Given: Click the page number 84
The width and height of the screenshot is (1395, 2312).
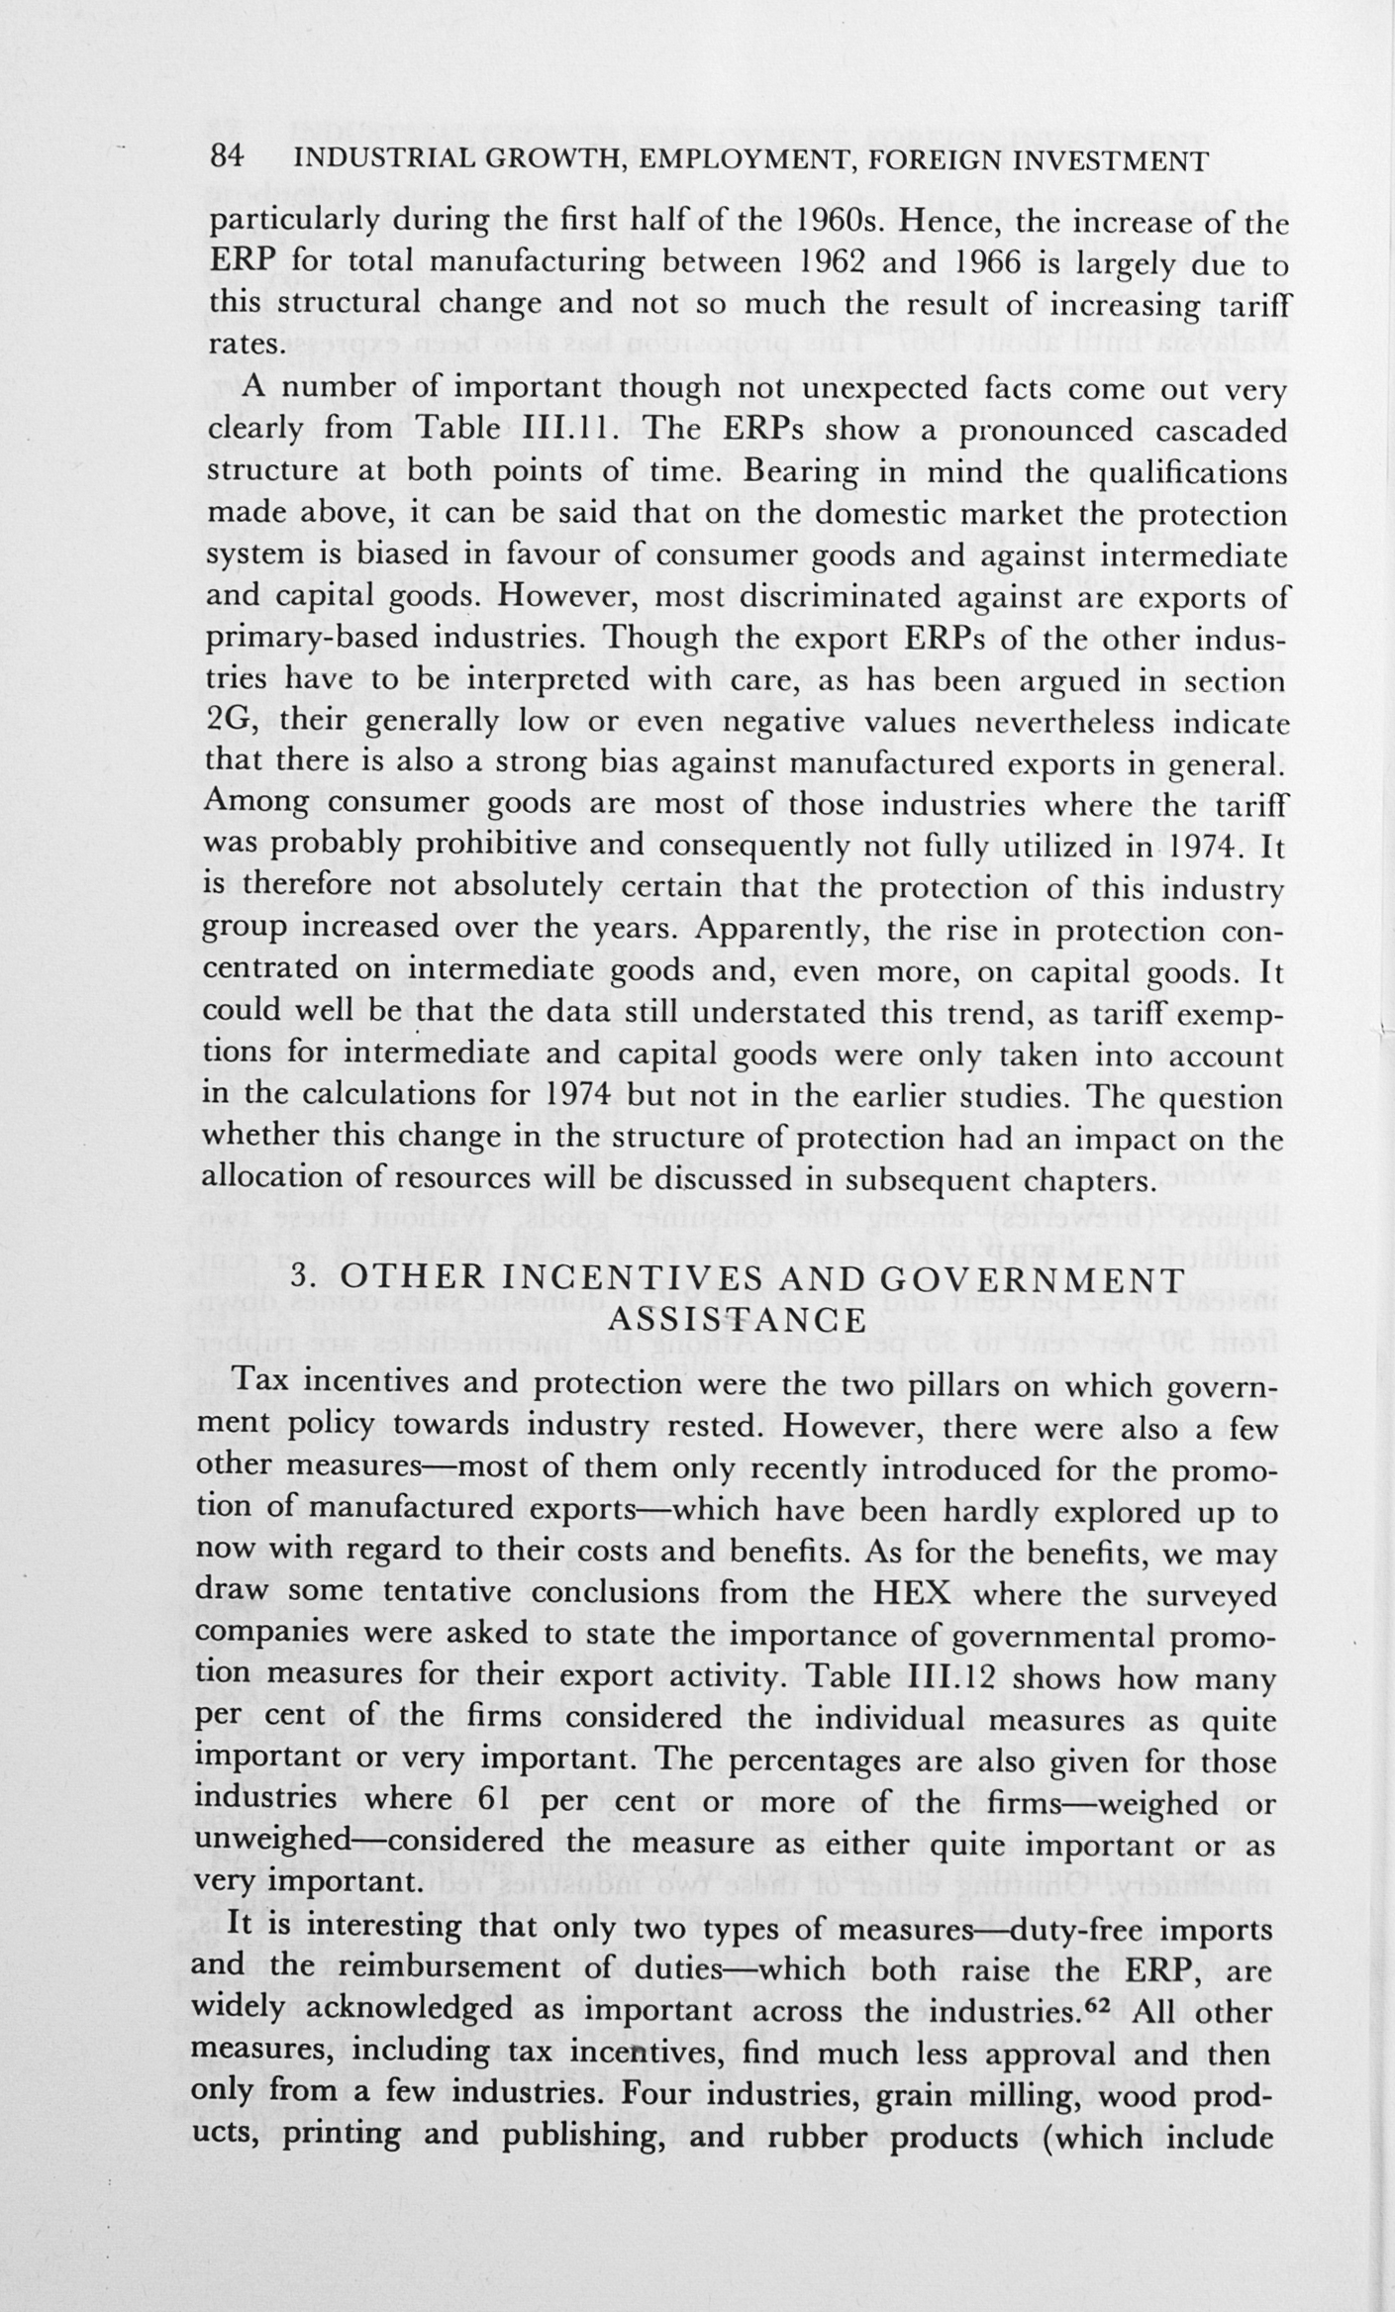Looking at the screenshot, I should click(227, 159).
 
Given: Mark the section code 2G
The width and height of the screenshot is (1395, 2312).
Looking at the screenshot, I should click(231, 721).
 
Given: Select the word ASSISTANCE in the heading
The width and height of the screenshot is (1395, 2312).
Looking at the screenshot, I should click(737, 1320).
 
